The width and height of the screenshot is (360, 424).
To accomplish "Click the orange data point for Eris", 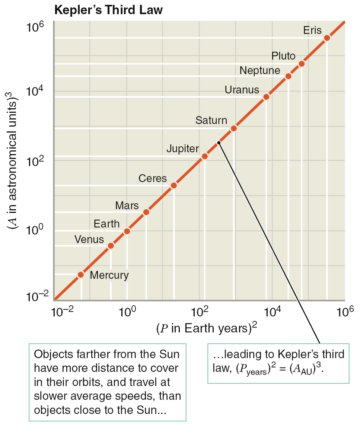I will tap(327, 38).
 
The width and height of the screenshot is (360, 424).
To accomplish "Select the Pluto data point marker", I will tap(302, 64).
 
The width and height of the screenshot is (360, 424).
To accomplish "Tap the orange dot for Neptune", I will tap(288, 76).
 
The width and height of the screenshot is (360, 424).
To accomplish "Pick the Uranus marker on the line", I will tap(266, 97).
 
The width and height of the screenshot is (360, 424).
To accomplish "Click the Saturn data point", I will tap(234, 128).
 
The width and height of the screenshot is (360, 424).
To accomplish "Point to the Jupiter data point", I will tap(204, 156).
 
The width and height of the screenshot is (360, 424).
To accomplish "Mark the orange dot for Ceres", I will tap(173, 185).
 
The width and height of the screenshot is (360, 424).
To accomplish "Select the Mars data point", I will tap(146, 212).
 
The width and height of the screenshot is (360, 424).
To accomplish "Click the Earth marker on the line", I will tap(127, 231).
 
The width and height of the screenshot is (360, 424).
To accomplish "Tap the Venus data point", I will tap(111, 246).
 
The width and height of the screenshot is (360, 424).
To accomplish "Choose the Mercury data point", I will tap(81, 275).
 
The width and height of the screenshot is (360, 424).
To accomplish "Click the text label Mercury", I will tap(109, 275).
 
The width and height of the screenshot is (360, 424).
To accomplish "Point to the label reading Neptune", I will tap(260, 70).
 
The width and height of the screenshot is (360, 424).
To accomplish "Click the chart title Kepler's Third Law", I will tap(109, 10).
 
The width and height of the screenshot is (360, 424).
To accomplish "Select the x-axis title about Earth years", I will tap(207, 328).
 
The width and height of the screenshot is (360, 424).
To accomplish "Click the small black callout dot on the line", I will tap(219, 143).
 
